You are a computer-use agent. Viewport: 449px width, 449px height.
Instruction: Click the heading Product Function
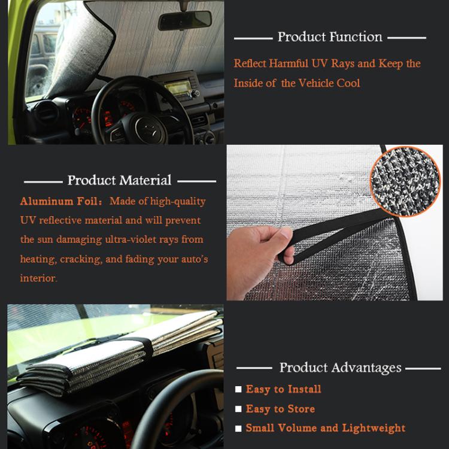pos(329,37)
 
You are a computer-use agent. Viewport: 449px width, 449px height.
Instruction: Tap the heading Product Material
pos(119,180)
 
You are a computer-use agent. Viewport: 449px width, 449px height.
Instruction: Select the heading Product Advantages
pos(340,368)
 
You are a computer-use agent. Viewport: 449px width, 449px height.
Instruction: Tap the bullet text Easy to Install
pos(283,390)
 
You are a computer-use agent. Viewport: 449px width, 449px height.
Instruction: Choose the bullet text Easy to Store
pos(280,409)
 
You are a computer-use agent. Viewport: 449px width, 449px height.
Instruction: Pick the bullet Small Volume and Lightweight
pos(325,429)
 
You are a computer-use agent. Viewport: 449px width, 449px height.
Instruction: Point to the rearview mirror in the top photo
pos(184,20)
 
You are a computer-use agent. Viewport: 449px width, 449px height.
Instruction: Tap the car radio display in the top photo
pos(178,88)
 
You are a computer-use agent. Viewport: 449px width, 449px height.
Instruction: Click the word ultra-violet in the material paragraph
pos(124,240)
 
